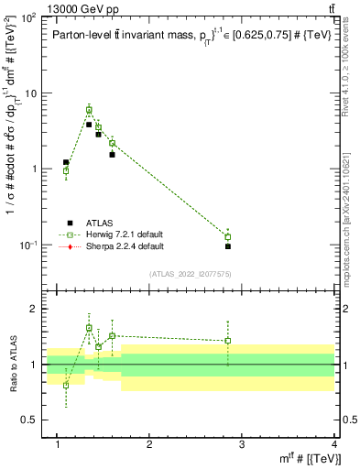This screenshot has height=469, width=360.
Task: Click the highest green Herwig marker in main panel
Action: [x=89, y=110]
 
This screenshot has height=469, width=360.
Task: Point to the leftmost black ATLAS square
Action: [x=66, y=162]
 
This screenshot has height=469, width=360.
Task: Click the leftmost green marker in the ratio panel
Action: [x=66, y=385]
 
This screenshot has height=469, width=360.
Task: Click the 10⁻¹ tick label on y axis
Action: [x=30, y=245]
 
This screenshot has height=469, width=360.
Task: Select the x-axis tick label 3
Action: [x=242, y=444]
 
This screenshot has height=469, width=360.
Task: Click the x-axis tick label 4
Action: [x=334, y=444]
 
